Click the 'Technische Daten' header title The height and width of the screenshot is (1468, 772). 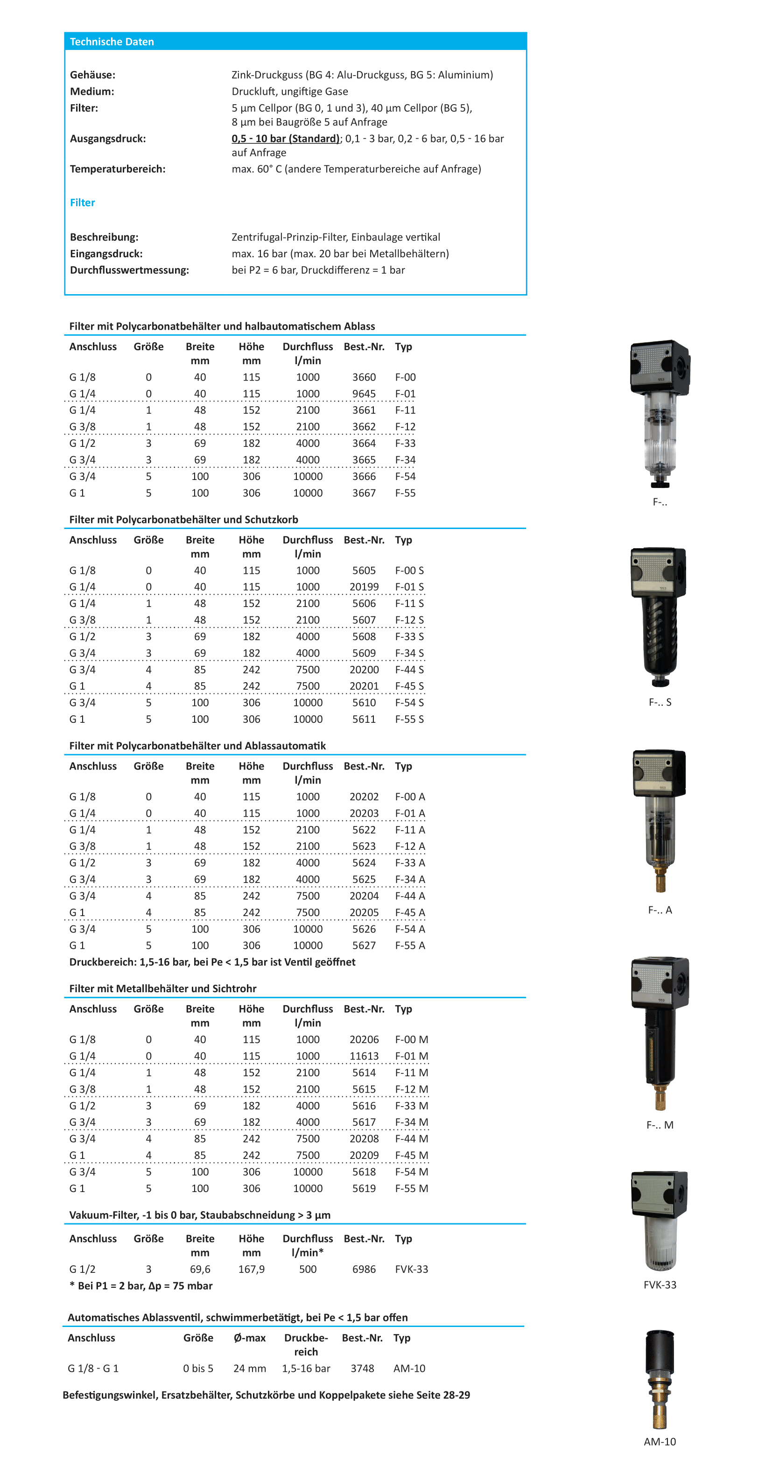tap(112, 42)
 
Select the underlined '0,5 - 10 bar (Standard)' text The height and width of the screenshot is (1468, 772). tap(286, 139)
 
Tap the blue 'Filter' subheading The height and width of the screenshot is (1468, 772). tap(82, 202)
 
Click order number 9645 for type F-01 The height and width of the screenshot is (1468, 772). tap(364, 394)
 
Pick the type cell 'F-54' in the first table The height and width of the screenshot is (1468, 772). tap(405, 476)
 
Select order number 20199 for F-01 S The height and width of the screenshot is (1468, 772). tap(364, 586)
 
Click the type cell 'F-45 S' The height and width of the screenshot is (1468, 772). tap(409, 686)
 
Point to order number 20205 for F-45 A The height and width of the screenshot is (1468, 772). tap(364, 912)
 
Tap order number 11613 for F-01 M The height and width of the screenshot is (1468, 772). tap(364, 1056)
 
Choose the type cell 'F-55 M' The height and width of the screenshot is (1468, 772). tap(411, 1188)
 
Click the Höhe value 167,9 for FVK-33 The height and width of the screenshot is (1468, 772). tap(251, 1269)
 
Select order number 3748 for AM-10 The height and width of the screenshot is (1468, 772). tap(362, 1368)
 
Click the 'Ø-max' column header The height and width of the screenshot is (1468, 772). tap(250, 1338)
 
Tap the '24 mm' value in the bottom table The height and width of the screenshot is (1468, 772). tap(250, 1368)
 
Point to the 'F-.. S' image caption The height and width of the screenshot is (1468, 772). tap(660, 702)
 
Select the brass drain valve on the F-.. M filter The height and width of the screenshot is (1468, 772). tap(660, 1097)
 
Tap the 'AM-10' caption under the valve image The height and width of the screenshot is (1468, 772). tap(660, 1441)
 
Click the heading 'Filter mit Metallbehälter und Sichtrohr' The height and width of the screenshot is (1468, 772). tap(163, 988)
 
